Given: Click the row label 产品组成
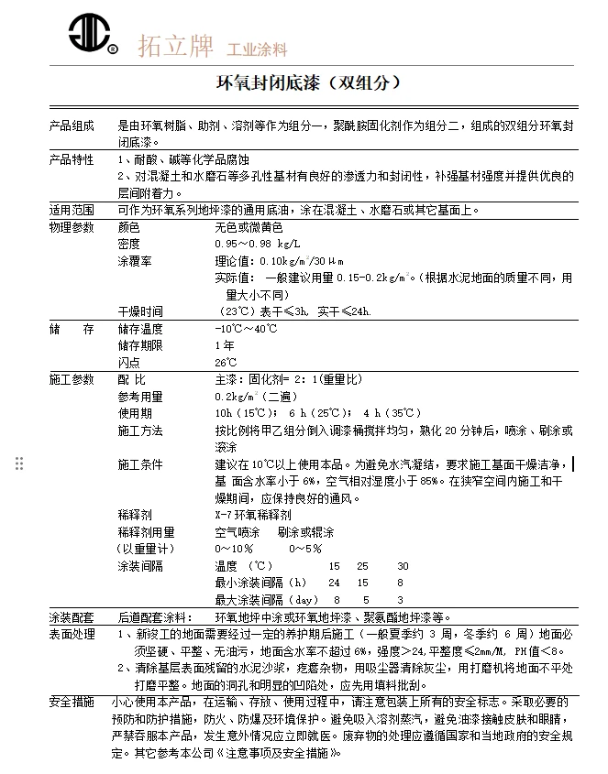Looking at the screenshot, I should click(72, 126).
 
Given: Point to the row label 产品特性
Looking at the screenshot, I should click(72, 160).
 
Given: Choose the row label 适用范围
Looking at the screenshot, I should click(72, 210).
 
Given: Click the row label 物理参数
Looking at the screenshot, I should click(72, 226).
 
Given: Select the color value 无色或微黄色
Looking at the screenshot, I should click(249, 226).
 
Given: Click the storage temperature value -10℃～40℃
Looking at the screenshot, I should click(245, 329).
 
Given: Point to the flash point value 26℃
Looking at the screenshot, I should click(226, 363).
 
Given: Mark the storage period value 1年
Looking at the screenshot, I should click(224, 346).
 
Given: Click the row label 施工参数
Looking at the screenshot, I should click(72, 379).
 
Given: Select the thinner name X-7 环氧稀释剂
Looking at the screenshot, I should click(252, 515).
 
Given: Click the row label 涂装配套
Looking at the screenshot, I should click(72, 616).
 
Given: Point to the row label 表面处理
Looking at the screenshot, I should click(72, 634).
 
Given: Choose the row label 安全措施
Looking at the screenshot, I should click(72, 702).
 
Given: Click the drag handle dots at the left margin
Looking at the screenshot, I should click(19, 463).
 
